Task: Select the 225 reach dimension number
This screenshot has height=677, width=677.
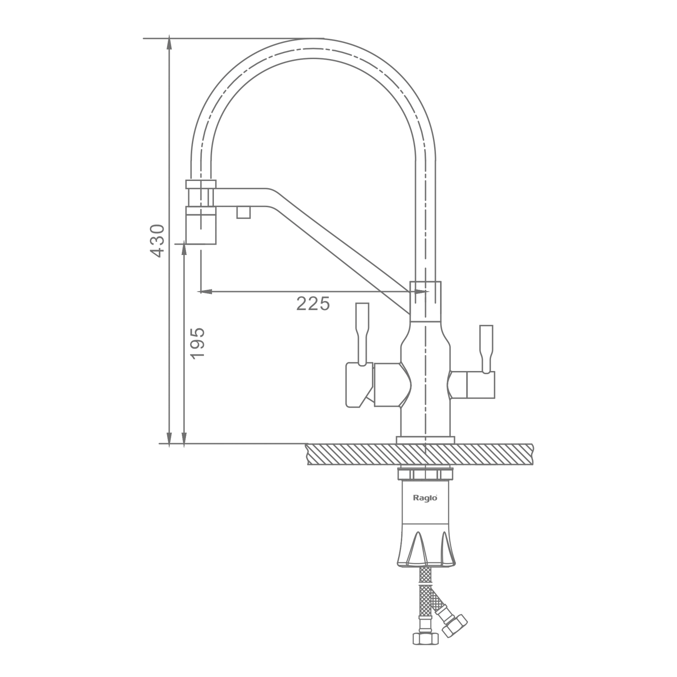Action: point(313,304)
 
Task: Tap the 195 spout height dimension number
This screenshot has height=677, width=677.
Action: point(197,343)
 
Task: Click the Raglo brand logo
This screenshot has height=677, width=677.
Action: point(425,498)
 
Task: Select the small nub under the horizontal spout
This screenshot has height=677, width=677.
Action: point(243,212)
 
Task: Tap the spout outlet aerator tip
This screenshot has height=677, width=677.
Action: point(201,225)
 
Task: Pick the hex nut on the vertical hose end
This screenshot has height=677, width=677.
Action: point(425,637)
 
